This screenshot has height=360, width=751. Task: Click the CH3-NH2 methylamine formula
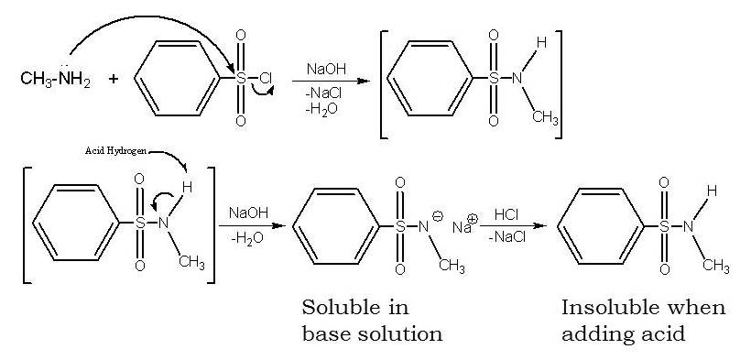coord(54,79)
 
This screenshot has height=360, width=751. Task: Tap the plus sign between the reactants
coord(114,79)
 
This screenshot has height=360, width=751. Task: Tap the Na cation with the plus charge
coord(463,225)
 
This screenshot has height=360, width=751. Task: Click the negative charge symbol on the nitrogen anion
coord(437,216)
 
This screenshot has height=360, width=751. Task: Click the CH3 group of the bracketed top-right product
coord(545,117)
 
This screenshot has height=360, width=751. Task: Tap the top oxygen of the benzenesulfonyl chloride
coord(241,36)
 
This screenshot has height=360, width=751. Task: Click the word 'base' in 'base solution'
coord(324,333)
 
